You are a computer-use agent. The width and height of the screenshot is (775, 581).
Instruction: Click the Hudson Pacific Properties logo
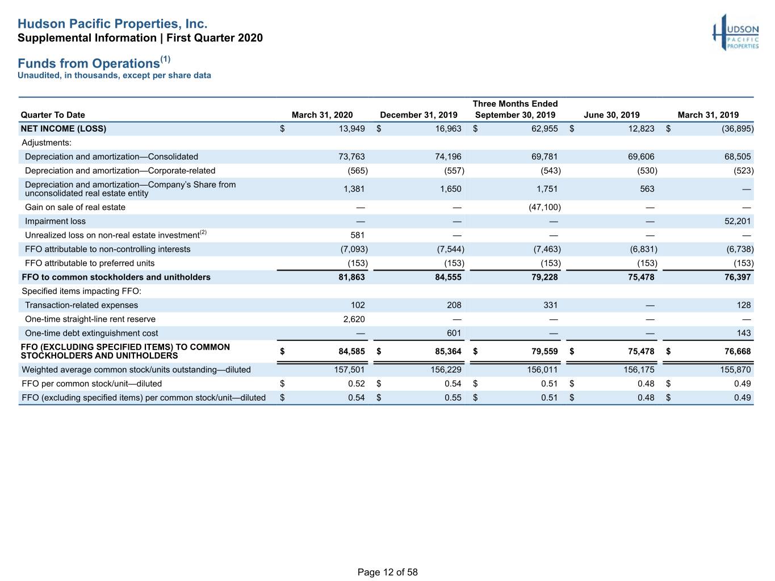coord(735,32)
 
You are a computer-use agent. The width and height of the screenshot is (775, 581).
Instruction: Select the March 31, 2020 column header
coord(322,115)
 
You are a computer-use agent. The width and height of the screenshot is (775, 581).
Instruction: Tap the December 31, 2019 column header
coord(418,115)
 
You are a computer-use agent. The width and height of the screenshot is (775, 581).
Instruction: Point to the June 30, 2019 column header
coord(611,115)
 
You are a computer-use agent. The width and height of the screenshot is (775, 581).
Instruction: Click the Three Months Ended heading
coord(515,104)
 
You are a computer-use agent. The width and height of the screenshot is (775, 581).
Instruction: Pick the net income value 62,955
coord(544,129)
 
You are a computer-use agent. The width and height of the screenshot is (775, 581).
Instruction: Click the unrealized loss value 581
coord(357,235)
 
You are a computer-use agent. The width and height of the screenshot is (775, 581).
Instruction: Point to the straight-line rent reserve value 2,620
coord(354,319)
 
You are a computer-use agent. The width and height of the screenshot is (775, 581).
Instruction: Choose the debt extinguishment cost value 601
coord(454,333)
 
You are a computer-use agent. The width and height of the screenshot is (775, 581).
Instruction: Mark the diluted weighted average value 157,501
coord(349,370)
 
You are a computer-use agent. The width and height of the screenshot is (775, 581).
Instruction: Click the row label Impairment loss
coord(55,221)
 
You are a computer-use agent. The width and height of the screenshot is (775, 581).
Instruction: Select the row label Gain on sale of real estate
coord(75,208)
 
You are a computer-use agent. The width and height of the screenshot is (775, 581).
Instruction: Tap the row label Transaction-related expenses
coord(82,305)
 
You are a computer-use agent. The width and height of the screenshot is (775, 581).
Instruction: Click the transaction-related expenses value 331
coord(550,305)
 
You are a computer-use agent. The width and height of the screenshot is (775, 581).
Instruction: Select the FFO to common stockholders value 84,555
coord(448,277)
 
